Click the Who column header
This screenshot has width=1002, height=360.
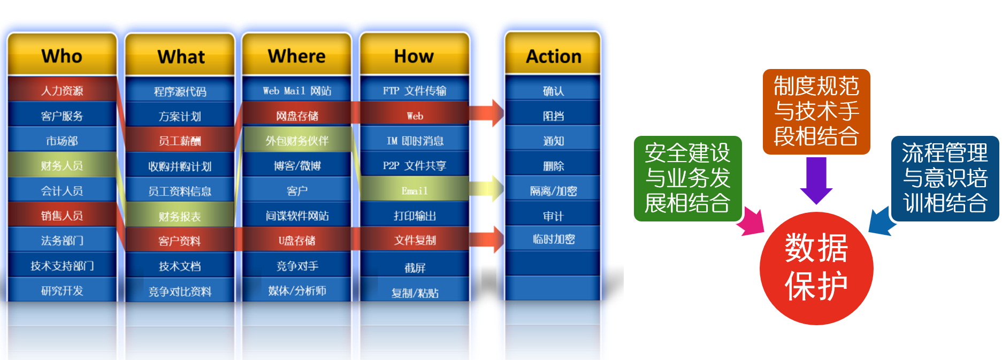point(62,56)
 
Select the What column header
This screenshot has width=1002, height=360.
point(180,56)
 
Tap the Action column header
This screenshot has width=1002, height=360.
point(553,56)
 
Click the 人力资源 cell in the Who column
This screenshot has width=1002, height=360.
point(62,90)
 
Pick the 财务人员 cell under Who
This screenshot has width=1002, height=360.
point(62,165)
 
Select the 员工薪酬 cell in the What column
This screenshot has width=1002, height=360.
point(180,141)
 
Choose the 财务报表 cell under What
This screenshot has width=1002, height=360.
point(180,216)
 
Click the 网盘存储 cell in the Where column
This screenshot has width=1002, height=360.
point(297,116)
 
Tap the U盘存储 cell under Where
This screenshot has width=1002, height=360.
point(297,240)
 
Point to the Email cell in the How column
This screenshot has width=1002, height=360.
point(415,190)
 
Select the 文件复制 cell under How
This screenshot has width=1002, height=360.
point(415,240)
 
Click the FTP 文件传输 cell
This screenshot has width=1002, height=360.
point(415,90)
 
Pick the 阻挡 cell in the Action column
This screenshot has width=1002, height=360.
point(553,116)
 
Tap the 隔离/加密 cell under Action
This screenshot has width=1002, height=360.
point(553,190)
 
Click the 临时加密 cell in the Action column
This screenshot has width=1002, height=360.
point(553,239)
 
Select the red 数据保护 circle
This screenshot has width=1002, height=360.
point(816,268)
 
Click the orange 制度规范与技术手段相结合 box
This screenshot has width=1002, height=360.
point(816,111)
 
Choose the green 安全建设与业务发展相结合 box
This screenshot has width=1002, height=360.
point(687,178)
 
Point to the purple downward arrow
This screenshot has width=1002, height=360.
point(816,179)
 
